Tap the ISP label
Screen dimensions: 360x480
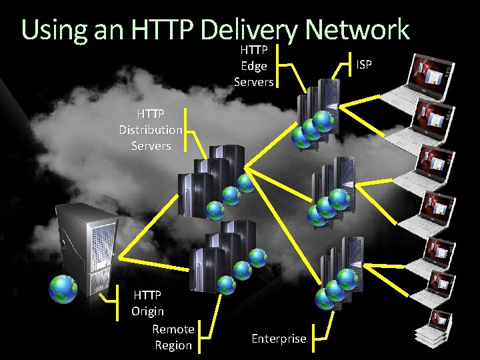(364, 65)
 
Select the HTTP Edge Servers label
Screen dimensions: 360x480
(253, 66)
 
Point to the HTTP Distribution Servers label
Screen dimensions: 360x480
(151, 129)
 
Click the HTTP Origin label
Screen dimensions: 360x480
(147, 303)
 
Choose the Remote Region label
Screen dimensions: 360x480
(173, 337)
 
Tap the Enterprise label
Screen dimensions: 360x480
(279, 339)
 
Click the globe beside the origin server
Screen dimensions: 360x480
(63, 288)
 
